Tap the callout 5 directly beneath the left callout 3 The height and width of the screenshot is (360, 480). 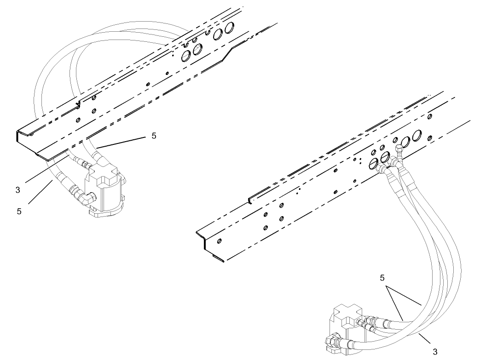coord(19,211)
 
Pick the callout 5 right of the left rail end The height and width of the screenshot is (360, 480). coord(154,137)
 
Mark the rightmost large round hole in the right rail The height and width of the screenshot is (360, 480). coord(419,136)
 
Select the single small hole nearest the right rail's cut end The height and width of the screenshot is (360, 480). coord(219,240)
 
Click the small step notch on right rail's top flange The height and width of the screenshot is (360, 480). coord(250,200)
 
